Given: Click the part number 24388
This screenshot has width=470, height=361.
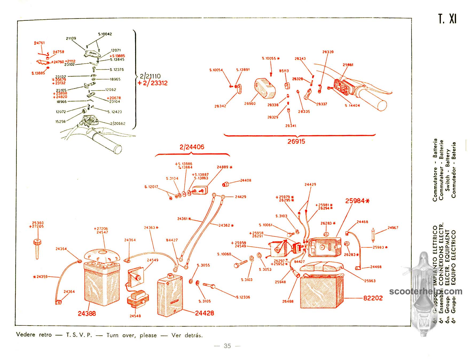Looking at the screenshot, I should click(87, 313).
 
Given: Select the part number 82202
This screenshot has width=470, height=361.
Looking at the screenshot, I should click(373, 298).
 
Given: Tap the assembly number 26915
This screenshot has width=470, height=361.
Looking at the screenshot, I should click(296, 141).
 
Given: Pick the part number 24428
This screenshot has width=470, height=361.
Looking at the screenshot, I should click(205, 313).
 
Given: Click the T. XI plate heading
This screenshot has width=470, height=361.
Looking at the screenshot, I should click(447, 19).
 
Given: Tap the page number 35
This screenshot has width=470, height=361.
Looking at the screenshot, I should click(227, 346).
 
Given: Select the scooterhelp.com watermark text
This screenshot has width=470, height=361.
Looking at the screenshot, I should click(426, 291).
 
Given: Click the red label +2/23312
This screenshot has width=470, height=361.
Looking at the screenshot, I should click(152, 83).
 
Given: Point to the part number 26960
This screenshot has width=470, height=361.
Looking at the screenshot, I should click(250, 103).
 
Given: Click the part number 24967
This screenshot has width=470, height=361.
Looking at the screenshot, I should click(393, 228).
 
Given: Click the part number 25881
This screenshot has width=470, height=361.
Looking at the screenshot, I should click(348, 65).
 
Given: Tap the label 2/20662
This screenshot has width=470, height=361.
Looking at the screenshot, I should click(118, 124).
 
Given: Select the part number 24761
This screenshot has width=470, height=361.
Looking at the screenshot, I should click(39, 43).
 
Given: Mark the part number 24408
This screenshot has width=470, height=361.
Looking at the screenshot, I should click(245, 180).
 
